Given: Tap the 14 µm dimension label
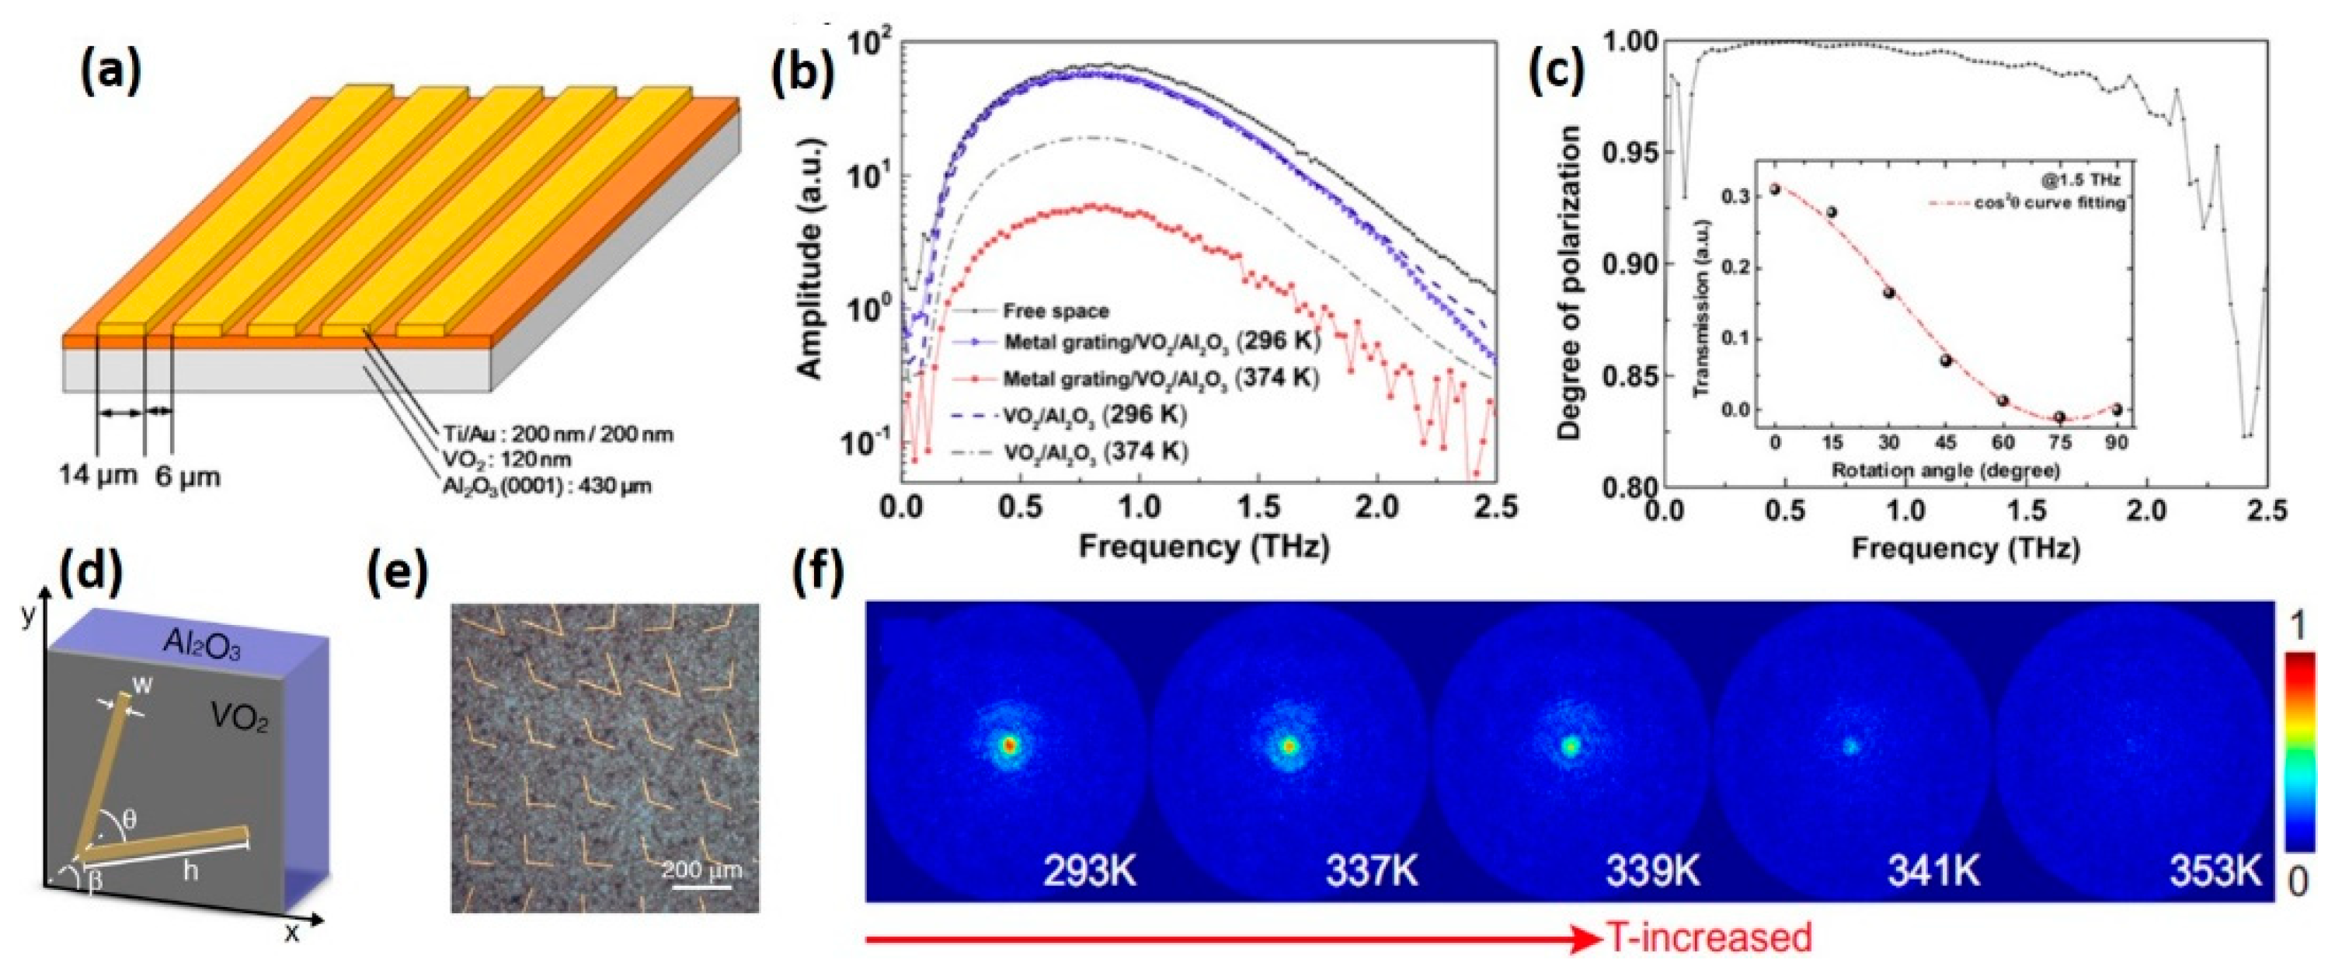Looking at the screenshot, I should (x=92, y=477).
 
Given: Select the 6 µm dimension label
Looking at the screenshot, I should (x=187, y=477).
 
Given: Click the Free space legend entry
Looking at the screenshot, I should (x=1055, y=311).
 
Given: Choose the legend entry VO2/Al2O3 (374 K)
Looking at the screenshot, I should (x=1095, y=452).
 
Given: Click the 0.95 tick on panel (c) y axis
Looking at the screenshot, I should (x=1630, y=152).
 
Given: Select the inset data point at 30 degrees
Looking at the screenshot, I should (x=1888, y=293).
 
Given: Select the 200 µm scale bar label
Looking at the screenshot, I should (x=701, y=870).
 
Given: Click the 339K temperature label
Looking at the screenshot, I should (x=1652, y=872).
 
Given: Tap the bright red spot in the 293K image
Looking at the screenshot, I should (x=1007, y=745).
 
